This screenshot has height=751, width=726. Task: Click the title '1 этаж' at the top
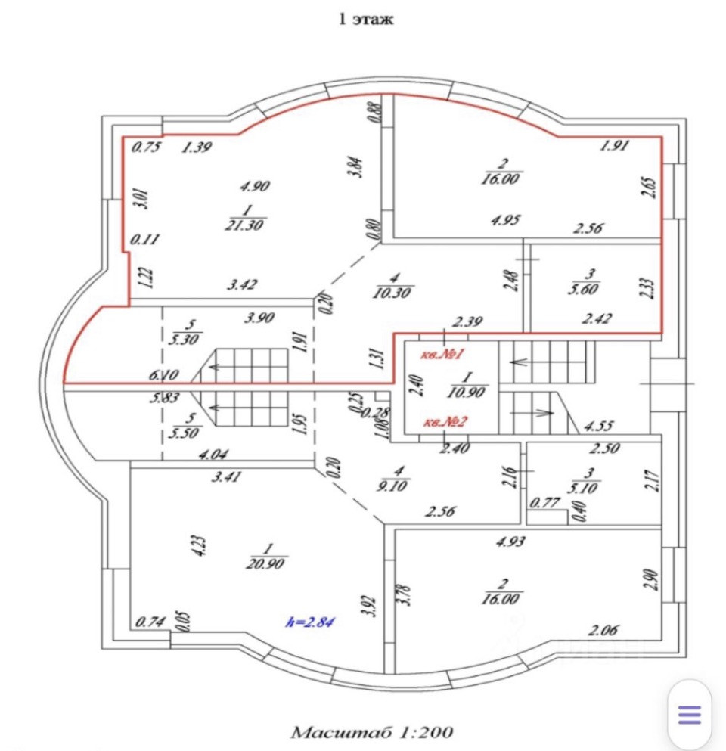point(365,20)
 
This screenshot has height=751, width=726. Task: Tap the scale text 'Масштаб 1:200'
point(372,732)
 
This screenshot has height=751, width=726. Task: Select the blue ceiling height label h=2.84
point(310,622)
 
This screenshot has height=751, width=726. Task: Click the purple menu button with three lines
point(690,715)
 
